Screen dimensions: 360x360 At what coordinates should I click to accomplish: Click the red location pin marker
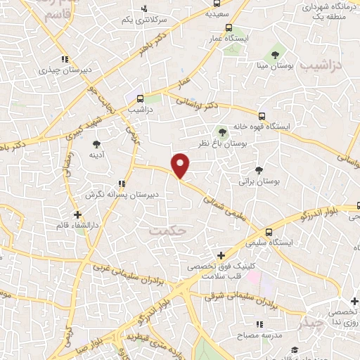point(181,166)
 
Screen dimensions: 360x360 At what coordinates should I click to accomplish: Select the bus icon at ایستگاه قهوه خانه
point(262,116)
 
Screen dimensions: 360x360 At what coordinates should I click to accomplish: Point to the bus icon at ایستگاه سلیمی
point(269,232)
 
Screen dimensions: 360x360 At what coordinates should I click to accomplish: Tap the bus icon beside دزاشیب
point(141,98)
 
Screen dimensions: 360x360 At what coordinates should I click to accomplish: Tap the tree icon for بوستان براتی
point(259,169)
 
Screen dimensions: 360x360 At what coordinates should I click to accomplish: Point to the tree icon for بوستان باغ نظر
point(222,131)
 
